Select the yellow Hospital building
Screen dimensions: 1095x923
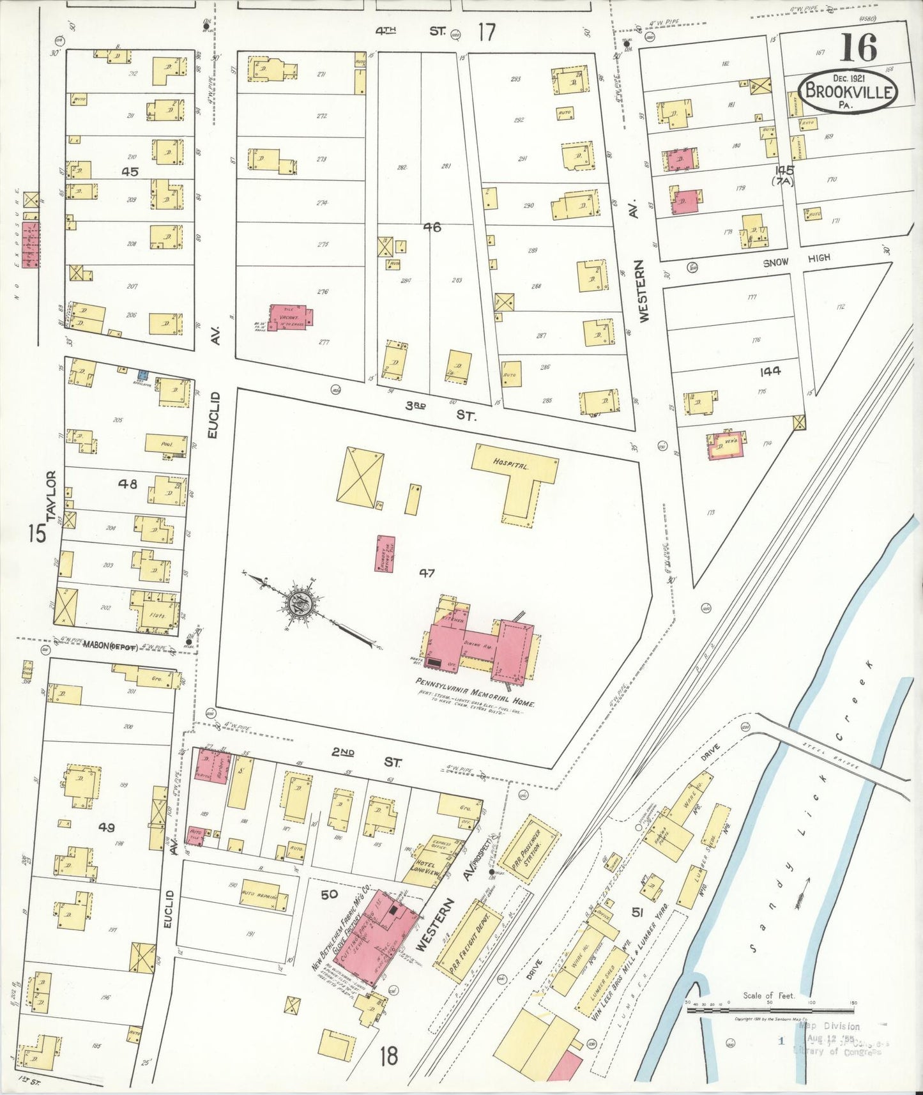pos(515,475)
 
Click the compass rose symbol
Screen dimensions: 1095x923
pos(298,603)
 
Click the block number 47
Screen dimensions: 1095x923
pos(427,573)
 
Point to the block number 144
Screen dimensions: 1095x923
pos(770,371)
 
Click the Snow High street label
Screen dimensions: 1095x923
pos(796,259)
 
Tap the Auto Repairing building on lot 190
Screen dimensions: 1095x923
pos(263,899)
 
